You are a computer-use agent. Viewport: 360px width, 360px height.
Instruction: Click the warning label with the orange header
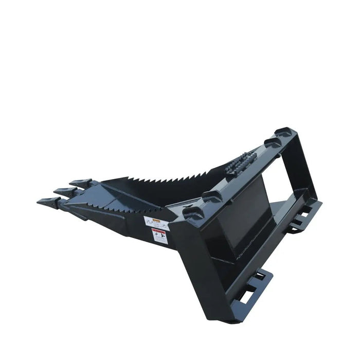[x=156, y=223]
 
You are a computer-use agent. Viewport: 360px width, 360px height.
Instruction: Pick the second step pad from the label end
[x=211, y=196]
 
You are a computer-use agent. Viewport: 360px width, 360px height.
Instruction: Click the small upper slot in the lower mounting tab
[x=260, y=276]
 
